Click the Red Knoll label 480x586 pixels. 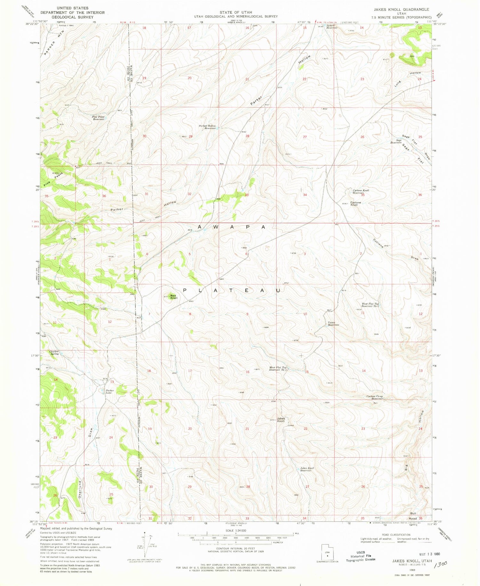(174, 297)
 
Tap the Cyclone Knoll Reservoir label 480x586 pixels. (361, 192)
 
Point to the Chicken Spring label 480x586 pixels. (54, 352)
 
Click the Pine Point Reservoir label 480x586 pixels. (98, 118)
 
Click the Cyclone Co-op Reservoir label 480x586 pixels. (374, 397)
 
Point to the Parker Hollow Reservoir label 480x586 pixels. (207, 127)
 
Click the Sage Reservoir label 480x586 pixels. (396, 141)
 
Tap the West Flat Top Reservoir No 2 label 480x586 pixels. (370, 305)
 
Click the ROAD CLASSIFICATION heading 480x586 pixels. (396, 535)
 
